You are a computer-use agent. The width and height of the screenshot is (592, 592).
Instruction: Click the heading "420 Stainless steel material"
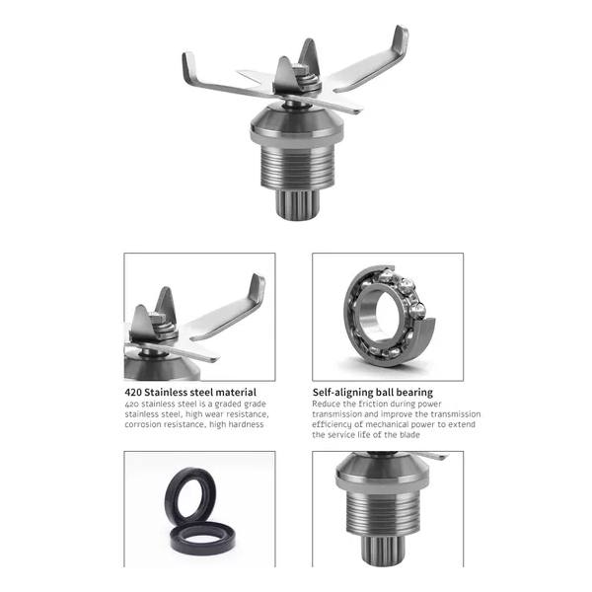(x=190, y=393)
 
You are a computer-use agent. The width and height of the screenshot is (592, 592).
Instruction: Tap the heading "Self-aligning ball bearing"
(x=373, y=393)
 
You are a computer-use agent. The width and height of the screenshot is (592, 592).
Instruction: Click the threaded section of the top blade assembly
(x=298, y=168)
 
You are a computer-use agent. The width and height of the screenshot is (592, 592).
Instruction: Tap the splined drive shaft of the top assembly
(x=298, y=204)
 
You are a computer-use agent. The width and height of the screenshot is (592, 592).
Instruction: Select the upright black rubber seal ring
(x=189, y=495)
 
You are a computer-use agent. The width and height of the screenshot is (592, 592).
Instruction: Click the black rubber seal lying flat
(x=202, y=537)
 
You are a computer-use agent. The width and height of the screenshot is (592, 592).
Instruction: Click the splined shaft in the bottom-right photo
(x=383, y=549)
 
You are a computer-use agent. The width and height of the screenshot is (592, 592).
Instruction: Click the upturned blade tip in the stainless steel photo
(x=258, y=288)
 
